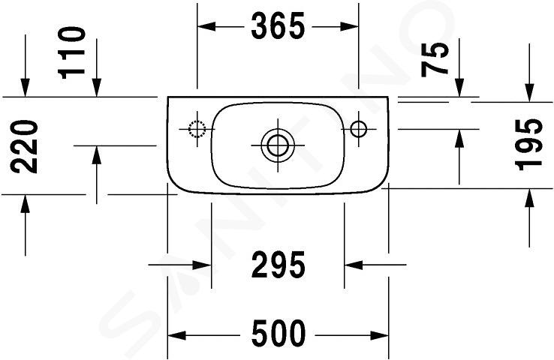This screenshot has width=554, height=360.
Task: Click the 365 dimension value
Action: [278, 26]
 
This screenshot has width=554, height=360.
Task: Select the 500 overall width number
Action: [278, 334]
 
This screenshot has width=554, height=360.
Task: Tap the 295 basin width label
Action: [278, 264]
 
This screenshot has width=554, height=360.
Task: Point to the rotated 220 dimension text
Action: [24, 147]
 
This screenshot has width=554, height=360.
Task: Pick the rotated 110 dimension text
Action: [72, 52]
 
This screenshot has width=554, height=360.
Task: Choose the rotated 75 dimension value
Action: [435, 59]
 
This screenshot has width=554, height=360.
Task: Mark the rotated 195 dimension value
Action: [529, 145]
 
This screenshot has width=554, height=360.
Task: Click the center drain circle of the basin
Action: [278, 145]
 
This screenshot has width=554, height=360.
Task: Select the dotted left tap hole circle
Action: [197, 129]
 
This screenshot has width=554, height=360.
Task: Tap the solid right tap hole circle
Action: [359, 129]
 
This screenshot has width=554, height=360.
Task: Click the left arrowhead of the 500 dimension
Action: [176, 335]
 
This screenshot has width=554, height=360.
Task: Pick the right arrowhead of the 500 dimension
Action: [379, 335]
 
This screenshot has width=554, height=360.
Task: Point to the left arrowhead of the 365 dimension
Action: [206, 26]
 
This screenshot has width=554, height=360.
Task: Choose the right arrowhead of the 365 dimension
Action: [350, 26]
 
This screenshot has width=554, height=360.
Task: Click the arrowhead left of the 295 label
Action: [203, 265]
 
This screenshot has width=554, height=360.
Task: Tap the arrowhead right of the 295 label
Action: [354, 265]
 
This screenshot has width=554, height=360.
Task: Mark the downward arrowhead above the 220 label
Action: [25, 88]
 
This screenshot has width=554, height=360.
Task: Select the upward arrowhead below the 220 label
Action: [25, 204]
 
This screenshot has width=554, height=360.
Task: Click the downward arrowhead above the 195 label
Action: [529, 93]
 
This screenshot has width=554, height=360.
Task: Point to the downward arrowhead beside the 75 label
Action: [459, 88]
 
